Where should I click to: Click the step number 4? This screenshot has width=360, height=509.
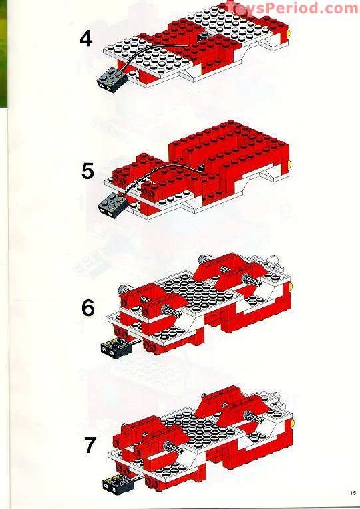click(86, 38)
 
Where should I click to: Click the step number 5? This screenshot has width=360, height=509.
click(87, 171)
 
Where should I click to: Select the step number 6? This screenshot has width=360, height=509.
click(88, 308)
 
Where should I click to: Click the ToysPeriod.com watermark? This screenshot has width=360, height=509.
click(291, 8)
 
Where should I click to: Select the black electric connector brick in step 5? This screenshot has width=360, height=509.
click(112, 204)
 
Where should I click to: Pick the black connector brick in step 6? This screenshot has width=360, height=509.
click(114, 347)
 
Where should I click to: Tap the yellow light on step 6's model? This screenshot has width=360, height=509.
click(291, 288)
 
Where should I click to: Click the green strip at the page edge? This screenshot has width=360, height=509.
click(3, 53)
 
